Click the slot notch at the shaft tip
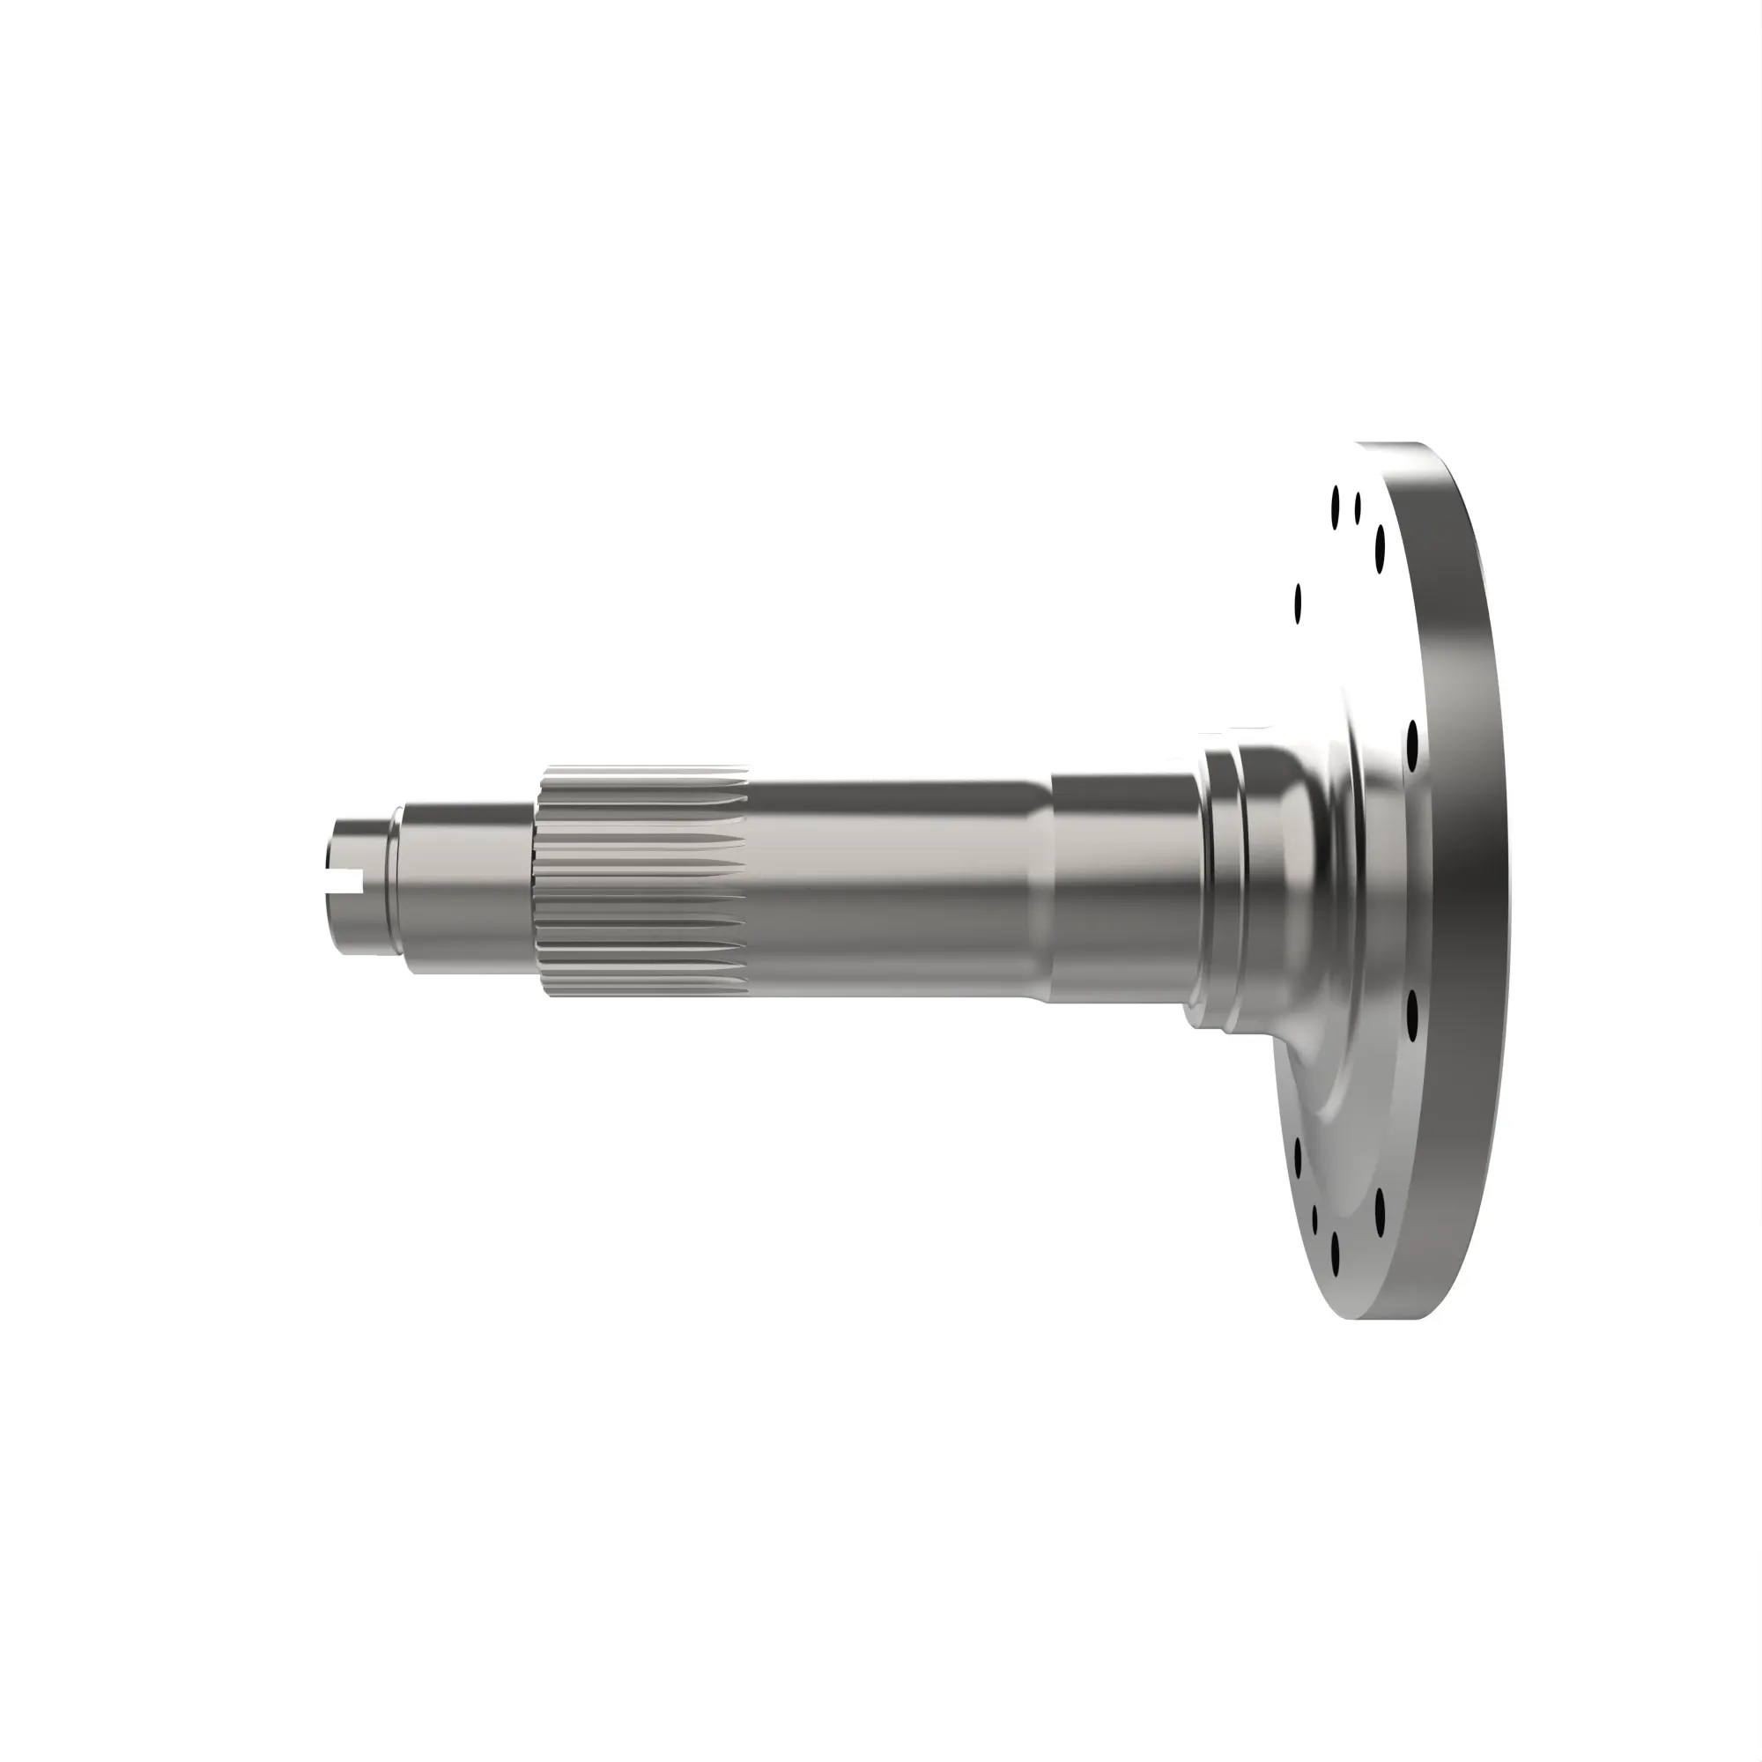point(345,881)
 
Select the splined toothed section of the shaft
point(642,881)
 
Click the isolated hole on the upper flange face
point(1298,603)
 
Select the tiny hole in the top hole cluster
point(1358,508)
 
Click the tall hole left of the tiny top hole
point(1336,507)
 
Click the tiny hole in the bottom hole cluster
point(1315,1220)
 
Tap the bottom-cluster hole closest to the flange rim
point(1380,1210)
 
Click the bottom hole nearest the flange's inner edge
point(1298,1157)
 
